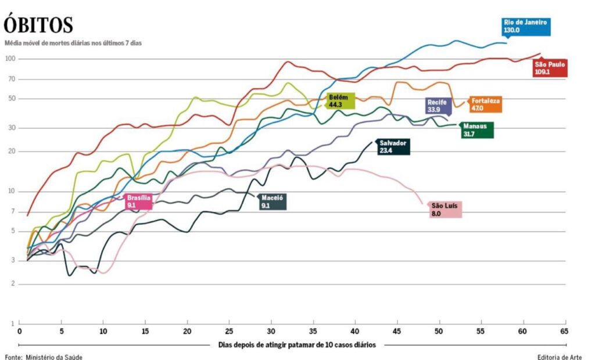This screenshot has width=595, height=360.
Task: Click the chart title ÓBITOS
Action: point(38,25)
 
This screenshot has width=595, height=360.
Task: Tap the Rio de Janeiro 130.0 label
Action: point(525,27)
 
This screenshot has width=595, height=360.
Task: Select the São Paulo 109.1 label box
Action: point(550,69)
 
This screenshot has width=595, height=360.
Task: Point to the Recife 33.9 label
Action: point(436,106)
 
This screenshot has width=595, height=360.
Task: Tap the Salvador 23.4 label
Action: point(393,146)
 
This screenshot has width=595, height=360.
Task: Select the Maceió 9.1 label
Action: point(273,201)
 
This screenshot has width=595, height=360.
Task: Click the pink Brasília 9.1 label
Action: point(139,201)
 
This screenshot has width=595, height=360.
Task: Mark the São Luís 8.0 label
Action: point(445,209)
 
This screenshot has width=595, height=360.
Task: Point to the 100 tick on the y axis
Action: point(10,59)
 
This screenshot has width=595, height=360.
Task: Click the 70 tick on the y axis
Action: point(12,79)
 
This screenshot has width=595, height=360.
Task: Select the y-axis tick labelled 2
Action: point(13,284)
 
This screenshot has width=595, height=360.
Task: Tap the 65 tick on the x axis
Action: point(564,332)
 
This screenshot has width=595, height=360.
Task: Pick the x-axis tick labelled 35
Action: point(313,332)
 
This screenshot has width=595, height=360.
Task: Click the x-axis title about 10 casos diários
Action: point(297,344)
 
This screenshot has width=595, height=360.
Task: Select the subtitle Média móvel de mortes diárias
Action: point(73,43)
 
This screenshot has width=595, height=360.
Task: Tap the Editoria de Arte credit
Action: point(560,356)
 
